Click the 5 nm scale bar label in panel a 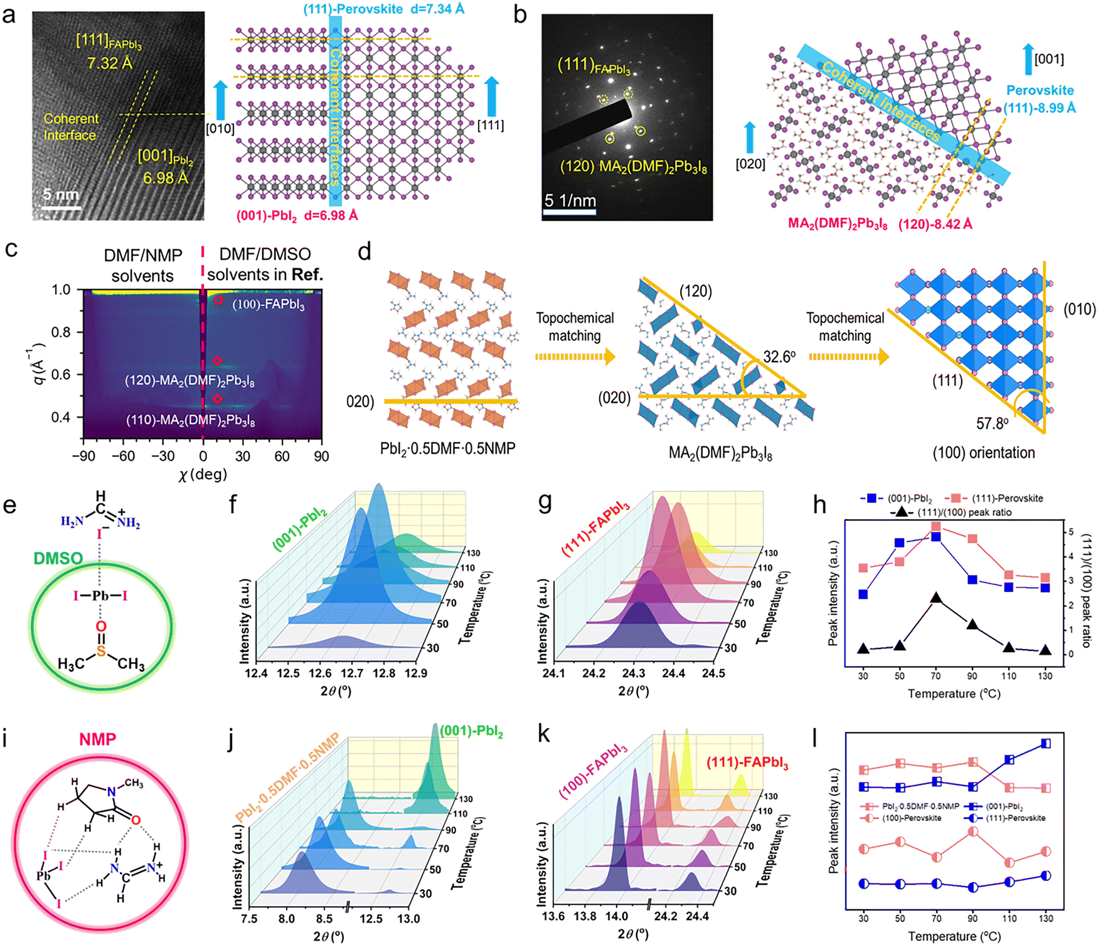click(x=61, y=194)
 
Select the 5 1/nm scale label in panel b click(x=570, y=201)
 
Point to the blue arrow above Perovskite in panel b click(x=1028, y=60)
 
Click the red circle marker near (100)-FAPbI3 click(x=218, y=300)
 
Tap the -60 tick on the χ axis click(x=123, y=456)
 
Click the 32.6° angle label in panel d click(x=779, y=357)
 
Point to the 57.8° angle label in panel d click(x=992, y=424)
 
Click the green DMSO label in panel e click(x=58, y=558)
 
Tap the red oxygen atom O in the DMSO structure click(x=101, y=626)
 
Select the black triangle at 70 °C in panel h click(x=936, y=598)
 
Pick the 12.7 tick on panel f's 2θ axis click(x=352, y=673)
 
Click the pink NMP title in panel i click(x=97, y=739)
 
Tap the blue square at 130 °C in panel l click(x=1045, y=744)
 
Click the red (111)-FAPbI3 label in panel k click(x=747, y=763)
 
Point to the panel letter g click(x=545, y=504)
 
